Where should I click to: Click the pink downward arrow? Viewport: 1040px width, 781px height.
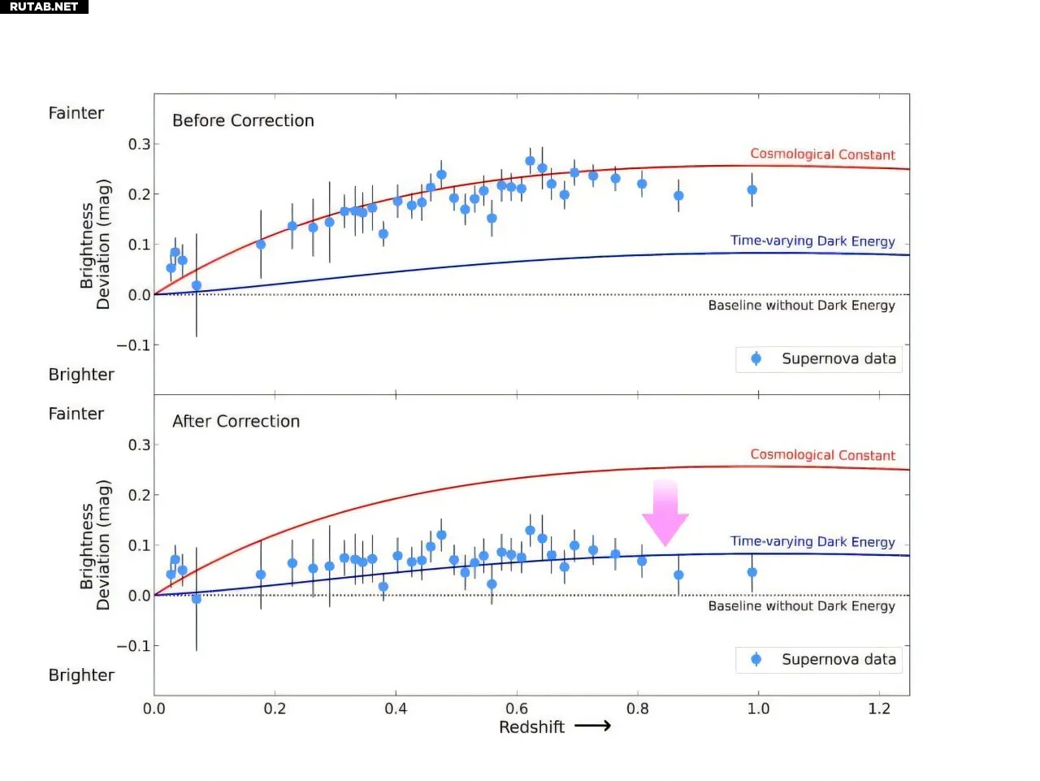tap(665, 513)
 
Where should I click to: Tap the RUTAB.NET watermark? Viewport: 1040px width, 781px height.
tap(44, 7)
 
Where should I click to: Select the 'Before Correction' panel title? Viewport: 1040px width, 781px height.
tap(243, 120)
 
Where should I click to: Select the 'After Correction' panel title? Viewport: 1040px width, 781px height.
tap(236, 421)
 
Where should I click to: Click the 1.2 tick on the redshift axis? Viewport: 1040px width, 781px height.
tap(879, 709)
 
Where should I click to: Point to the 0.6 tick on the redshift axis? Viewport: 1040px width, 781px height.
tap(517, 709)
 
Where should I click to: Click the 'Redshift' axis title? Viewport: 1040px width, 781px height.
tap(531, 727)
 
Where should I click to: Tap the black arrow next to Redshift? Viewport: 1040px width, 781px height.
tap(593, 726)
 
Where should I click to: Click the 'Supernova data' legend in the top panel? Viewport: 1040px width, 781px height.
tap(819, 358)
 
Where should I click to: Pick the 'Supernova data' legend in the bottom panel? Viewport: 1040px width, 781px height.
tap(819, 659)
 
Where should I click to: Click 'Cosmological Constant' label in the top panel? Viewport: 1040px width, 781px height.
tap(822, 154)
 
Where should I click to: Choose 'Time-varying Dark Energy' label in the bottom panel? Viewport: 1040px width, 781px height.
tap(812, 541)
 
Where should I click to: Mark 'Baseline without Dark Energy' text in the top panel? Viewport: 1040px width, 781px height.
tap(801, 306)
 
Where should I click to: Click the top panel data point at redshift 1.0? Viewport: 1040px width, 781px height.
tap(752, 190)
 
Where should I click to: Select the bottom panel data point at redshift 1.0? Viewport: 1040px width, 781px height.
tap(752, 573)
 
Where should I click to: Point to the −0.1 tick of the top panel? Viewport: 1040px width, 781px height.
tap(133, 345)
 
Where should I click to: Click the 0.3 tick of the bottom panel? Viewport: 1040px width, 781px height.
tap(139, 445)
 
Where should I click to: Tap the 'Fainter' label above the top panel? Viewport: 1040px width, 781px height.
tap(76, 113)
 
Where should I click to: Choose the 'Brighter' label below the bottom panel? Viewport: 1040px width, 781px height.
tap(81, 675)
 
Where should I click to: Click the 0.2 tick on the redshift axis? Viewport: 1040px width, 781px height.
tap(275, 709)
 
